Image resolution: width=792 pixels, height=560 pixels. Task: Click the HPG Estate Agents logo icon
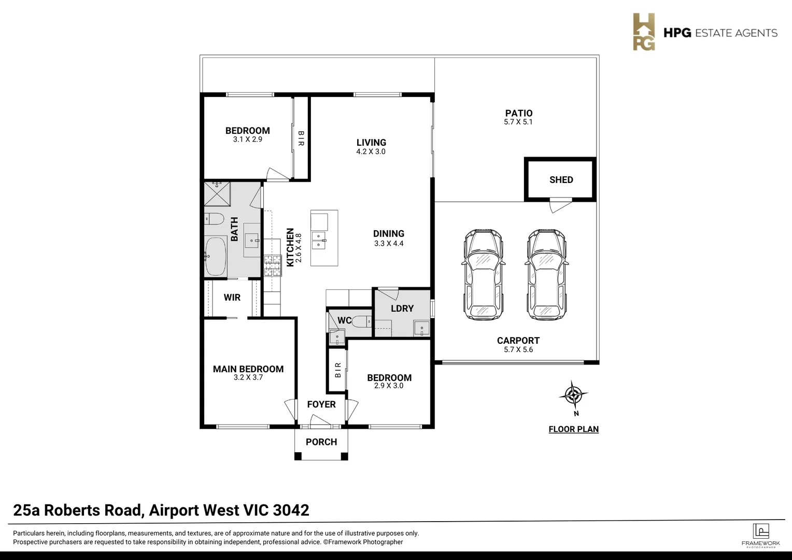pos(644,32)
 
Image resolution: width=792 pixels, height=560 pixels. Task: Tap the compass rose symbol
pos(573,395)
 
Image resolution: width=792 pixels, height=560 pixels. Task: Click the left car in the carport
pos(483,275)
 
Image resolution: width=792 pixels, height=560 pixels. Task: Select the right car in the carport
pos(546,275)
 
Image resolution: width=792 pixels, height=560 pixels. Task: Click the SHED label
pos(561,180)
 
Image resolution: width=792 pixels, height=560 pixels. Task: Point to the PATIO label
pos(518,113)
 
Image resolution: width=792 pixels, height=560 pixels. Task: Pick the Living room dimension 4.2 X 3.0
pos(371,152)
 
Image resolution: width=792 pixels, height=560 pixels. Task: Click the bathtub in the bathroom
pos(215,256)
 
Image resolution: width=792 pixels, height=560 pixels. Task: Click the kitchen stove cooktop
pos(272,266)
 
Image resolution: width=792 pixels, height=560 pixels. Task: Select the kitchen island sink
pos(319,237)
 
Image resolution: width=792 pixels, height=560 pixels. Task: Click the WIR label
pos(232,298)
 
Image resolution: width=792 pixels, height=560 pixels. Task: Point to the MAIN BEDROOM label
pos(248,369)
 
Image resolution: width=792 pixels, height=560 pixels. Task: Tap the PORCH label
pos(321,442)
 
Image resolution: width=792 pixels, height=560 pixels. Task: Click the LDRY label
pos(402,309)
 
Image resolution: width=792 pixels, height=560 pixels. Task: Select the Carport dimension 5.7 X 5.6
pos(518,349)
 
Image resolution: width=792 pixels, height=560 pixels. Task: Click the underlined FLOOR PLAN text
pos(573,429)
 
